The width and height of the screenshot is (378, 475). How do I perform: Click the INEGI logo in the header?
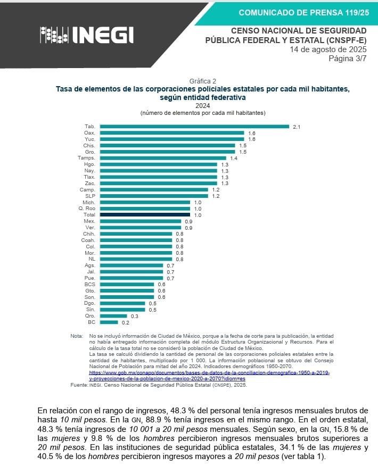click(87, 35)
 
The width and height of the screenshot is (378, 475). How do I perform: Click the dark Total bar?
click(145, 215)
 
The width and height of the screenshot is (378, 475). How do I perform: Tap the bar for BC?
click(109, 322)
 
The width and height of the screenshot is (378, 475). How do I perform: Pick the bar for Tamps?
click(163, 159)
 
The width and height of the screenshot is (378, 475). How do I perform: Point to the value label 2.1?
click(297, 127)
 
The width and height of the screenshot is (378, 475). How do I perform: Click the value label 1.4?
click(234, 159)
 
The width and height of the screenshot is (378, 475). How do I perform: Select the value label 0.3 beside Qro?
click(135, 316)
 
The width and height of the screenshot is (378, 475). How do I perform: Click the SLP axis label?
click(90, 196)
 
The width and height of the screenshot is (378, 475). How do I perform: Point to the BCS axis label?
click(89, 284)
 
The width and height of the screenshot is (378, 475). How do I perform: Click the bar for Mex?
click(141, 221)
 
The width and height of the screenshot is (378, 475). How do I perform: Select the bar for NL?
click(136, 259)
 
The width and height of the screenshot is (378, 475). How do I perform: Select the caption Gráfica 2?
click(202, 81)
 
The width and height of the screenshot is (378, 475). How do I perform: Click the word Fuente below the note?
click(78, 385)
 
